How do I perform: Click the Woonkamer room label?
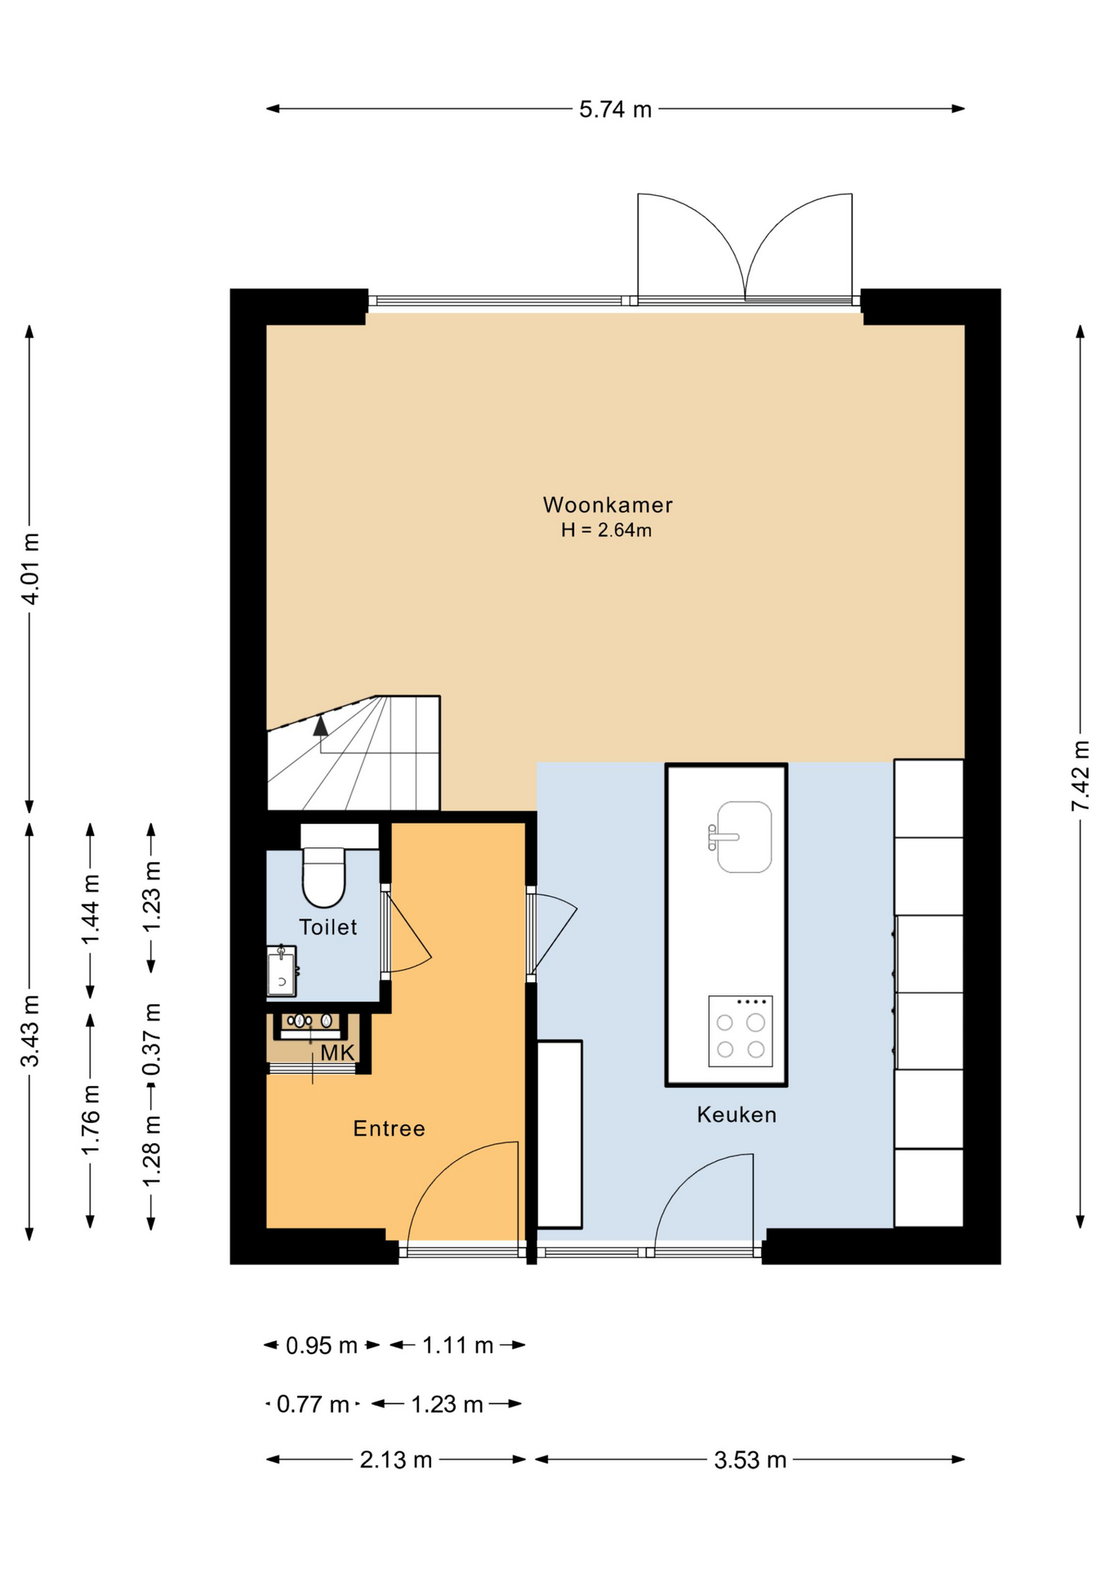pos(608,505)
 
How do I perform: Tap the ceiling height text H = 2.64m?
pos(606,530)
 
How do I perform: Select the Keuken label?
pos(737,1115)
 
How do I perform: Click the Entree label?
pos(389,1129)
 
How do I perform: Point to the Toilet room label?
pos(328,927)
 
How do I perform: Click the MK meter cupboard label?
pos(337,1053)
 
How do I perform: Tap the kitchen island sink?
pos(742,837)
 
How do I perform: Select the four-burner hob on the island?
pos(741,1031)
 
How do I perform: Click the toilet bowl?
pos(324,878)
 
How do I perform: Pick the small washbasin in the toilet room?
pos(282,971)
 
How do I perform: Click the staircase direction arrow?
pos(321,725)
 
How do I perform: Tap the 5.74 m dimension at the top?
pos(616,109)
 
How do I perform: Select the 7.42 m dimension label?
pos(1080,776)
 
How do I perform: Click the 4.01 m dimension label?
pos(30,568)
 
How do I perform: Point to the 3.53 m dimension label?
pos(750,1459)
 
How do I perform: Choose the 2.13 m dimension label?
pos(396,1459)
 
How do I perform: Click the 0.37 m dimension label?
pos(152,1039)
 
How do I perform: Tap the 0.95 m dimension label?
pos(322,1345)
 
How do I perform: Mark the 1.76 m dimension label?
pos(91,1120)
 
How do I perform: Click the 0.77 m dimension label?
pos(313,1404)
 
